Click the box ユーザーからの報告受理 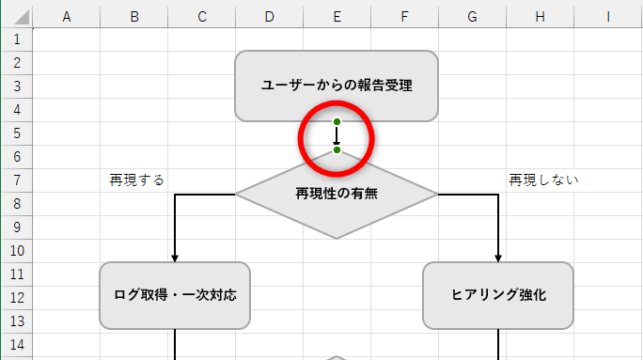(x=337, y=86)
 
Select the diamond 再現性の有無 (x=337, y=194)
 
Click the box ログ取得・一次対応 (x=175, y=295)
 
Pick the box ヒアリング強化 (x=498, y=295)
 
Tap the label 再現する (x=136, y=180)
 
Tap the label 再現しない (x=544, y=180)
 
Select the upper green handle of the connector (x=337, y=122)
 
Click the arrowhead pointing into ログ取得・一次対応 (x=175, y=258)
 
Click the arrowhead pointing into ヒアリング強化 (x=498, y=258)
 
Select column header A (x=67, y=16)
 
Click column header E (x=337, y=16)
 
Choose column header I (x=608, y=16)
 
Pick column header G (x=472, y=16)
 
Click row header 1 (x=16, y=39)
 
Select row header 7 (x=16, y=180)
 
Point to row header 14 (x=16, y=345)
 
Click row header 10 (x=16, y=251)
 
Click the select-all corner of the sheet (x=16, y=16)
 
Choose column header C (x=202, y=16)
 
